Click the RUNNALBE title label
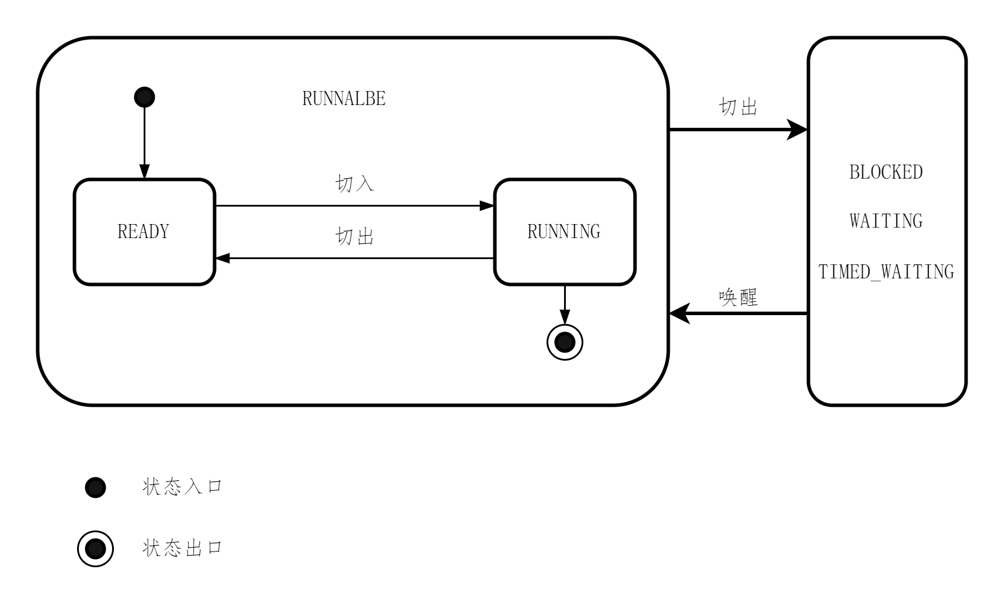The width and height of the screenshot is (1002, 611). [x=344, y=99]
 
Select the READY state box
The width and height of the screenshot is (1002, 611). [x=144, y=232]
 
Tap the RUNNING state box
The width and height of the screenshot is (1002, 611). [x=564, y=232]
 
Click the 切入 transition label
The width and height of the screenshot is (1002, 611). [x=354, y=184]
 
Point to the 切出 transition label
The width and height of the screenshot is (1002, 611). [x=354, y=236]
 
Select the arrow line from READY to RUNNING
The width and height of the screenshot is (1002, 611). [x=350, y=206]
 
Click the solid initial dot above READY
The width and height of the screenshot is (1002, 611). [x=144, y=97]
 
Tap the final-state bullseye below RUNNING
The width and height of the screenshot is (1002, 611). [x=565, y=342]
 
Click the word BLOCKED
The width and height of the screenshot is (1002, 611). [x=886, y=173]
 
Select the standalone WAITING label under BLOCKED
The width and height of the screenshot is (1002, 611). [x=886, y=222]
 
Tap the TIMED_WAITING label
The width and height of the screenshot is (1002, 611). [x=886, y=273]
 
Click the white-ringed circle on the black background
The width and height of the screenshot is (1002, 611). [x=95, y=549]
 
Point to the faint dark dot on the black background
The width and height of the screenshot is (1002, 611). [x=95, y=488]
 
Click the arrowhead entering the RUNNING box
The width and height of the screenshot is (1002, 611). [x=487, y=206]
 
